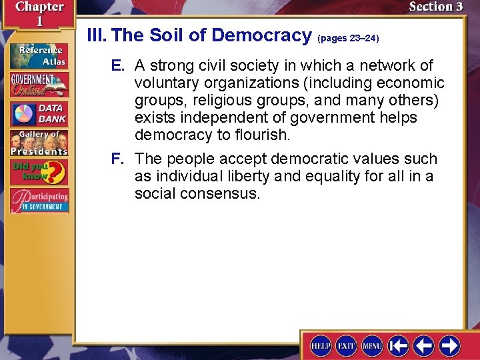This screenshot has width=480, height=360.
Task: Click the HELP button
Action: (321, 345)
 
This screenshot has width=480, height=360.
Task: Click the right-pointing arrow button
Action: (449, 345)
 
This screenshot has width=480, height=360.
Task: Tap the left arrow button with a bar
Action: (398, 345)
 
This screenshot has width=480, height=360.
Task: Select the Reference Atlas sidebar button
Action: (39, 56)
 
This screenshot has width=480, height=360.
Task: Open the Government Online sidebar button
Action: (39, 84)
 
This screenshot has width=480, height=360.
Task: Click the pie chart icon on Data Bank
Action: (23, 113)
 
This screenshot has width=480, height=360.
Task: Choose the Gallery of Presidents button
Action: (39, 141)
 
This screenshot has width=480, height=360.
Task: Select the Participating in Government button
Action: (39, 201)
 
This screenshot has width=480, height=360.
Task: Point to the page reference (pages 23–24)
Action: (348, 39)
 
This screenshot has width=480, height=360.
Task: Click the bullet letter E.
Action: (117, 66)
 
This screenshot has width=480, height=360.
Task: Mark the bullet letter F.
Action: (117, 159)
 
